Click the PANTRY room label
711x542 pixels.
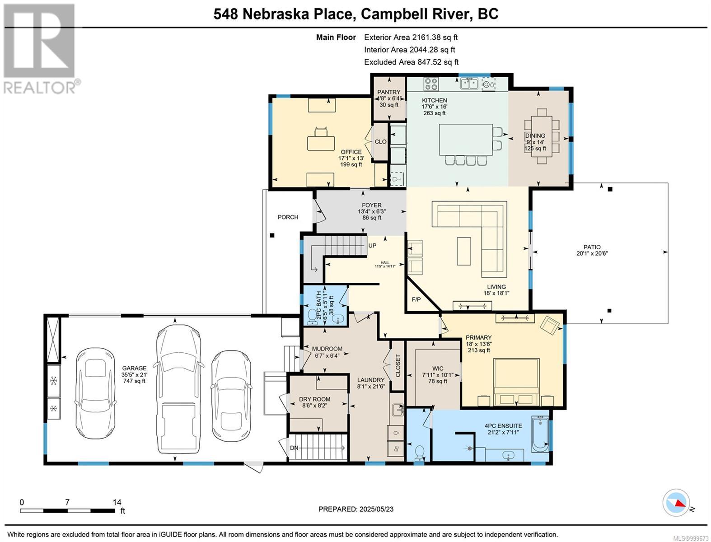coord(389,92)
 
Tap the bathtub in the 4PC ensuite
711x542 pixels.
coord(540,434)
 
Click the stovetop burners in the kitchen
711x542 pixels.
coord(430,84)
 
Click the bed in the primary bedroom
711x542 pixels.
coord(516,382)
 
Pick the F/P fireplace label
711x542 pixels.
coord(416,299)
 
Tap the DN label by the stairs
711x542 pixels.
coord(294,448)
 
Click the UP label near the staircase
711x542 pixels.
coord(372,246)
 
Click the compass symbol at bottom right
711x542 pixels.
coord(676,503)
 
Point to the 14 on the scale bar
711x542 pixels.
coord(117,502)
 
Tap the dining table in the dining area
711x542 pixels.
coord(541,136)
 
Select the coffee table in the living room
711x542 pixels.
coord(463,251)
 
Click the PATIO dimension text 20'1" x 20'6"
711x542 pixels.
coord(592,253)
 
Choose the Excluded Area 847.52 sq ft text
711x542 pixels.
coord(411,62)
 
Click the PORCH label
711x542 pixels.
coord(288,217)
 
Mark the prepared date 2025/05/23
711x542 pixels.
coord(356,509)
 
